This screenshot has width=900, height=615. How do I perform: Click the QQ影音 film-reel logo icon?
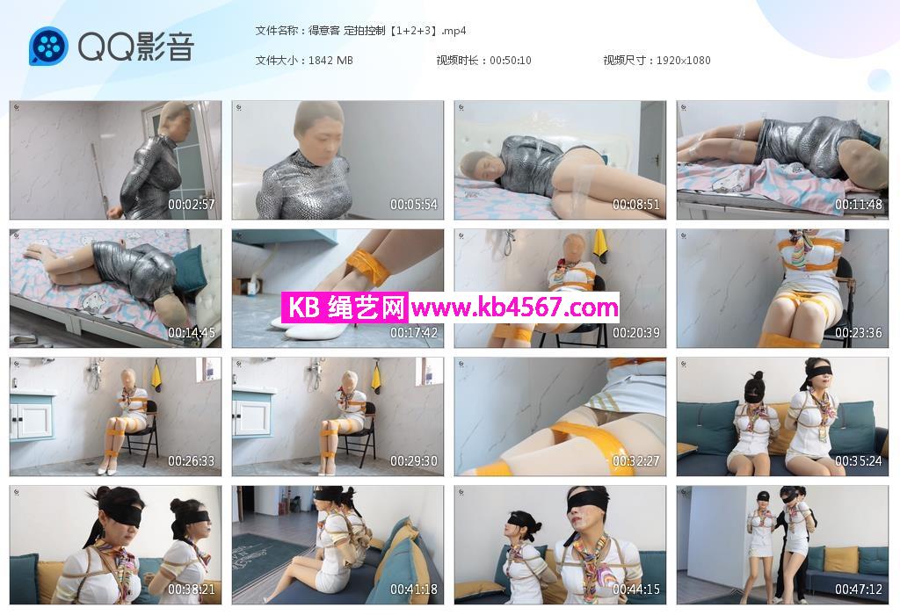point(48,47)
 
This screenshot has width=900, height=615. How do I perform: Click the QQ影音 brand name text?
point(136,47)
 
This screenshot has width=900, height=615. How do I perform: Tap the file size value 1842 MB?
point(330,61)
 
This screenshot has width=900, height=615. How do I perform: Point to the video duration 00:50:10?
point(511,61)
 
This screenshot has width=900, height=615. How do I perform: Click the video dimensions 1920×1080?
point(683,61)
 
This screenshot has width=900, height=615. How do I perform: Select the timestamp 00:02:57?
point(191,204)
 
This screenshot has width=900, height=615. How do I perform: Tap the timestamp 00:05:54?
point(414,204)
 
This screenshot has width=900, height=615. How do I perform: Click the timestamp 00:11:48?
point(858,204)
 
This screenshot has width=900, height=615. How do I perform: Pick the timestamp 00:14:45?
point(191,333)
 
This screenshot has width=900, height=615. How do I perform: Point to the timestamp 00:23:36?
point(858,333)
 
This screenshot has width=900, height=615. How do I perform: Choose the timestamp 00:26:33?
point(191,461)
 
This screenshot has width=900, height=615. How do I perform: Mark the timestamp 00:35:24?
point(858,461)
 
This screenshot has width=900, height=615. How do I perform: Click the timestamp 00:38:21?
point(191,590)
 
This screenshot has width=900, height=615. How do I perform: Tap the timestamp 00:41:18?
point(414,590)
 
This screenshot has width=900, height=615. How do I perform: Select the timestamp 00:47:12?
point(858,590)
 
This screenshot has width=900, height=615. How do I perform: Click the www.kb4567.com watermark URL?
point(514,308)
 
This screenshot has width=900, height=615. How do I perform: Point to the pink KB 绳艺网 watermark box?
point(345,307)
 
